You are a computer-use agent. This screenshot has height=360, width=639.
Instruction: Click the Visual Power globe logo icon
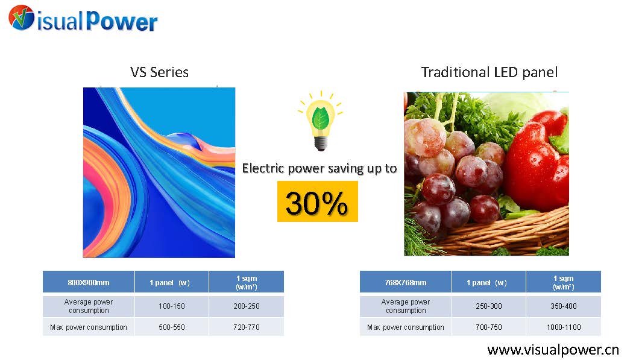click(x=21, y=17)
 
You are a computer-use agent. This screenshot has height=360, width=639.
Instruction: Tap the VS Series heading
click(x=159, y=72)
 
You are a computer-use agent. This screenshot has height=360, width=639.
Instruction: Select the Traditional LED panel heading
click(x=489, y=72)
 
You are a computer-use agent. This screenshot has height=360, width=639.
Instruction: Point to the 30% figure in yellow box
click(x=318, y=201)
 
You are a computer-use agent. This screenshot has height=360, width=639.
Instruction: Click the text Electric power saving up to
click(x=319, y=168)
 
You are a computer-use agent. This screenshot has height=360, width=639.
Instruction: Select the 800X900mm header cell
click(x=89, y=282)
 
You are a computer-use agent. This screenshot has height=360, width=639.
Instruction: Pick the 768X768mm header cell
click(x=406, y=282)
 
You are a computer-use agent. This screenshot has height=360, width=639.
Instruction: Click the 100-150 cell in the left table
click(x=172, y=306)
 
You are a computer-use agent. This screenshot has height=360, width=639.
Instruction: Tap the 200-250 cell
click(x=247, y=306)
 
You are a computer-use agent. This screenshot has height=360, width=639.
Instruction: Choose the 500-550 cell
click(x=172, y=327)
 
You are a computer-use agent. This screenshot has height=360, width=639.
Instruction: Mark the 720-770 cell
click(x=247, y=327)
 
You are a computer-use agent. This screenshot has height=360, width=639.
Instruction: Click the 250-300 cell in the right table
click(x=489, y=306)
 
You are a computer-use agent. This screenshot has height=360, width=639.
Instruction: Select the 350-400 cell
click(x=564, y=306)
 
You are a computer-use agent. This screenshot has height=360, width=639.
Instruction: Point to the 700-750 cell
click(x=489, y=327)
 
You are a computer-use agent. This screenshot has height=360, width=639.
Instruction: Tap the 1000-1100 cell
click(x=564, y=327)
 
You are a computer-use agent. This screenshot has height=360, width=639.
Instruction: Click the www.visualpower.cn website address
click(x=553, y=350)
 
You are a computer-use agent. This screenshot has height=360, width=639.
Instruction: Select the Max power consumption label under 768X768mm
click(x=406, y=327)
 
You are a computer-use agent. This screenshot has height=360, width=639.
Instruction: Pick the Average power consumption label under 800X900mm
click(x=89, y=306)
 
